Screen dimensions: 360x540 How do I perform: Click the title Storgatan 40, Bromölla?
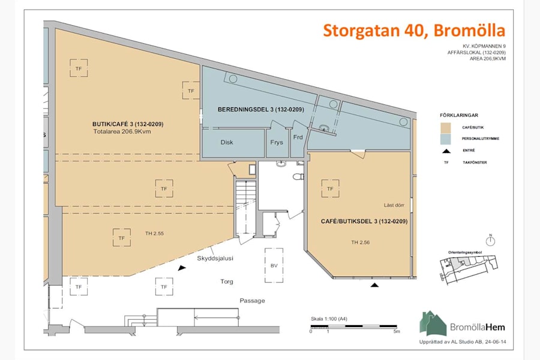click(x=414, y=30)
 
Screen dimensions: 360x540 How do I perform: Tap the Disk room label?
click(x=226, y=143)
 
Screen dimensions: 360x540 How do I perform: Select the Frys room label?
click(x=277, y=143)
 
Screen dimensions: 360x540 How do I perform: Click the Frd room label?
click(x=298, y=137)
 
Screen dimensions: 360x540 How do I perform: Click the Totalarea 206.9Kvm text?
click(x=122, y=131)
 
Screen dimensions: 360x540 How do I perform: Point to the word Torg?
click(x=226, y=281)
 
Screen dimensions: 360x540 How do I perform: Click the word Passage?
click(x=252, y=301)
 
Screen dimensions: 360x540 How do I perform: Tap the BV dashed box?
click(x=274, y=265)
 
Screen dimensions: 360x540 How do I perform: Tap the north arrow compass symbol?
click(x=490, y=241)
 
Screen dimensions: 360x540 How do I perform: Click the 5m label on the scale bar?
click(x=395, y=331)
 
